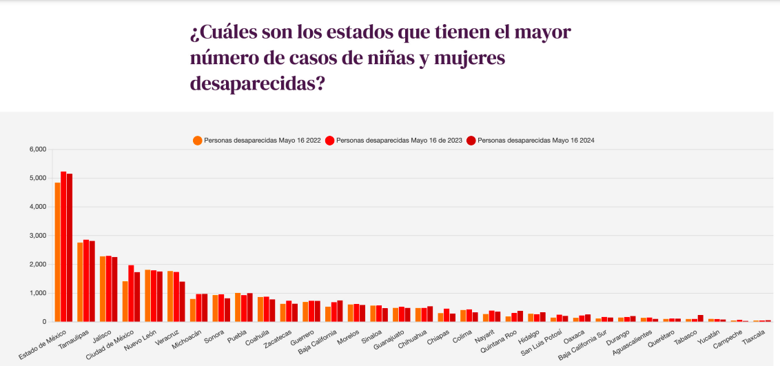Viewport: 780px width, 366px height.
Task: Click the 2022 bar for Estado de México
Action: click(58, 252)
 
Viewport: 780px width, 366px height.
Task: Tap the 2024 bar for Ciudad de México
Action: click(137, 296)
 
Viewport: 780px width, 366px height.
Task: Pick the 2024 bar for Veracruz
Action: click(182, 301)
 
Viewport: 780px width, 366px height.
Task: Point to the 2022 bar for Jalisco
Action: click(103, 289)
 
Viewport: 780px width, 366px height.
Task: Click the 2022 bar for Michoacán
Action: click(193, 310)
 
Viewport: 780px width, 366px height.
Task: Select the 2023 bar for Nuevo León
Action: click(154, 296)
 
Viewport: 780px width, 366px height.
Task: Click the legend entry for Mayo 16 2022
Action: click(257, 140)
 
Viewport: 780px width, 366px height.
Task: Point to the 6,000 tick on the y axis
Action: click(37, 150)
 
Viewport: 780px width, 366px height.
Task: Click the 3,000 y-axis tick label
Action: click(37, 236)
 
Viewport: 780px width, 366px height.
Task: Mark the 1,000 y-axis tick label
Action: click(37, 293)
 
